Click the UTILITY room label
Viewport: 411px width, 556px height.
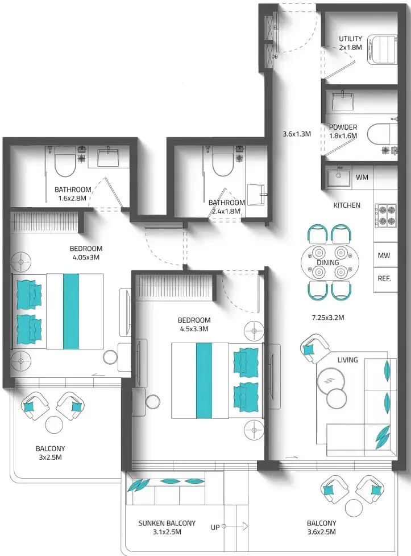350,39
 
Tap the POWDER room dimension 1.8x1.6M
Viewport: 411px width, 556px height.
343,136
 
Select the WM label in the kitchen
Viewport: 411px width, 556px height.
362,178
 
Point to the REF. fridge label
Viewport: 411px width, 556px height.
384,279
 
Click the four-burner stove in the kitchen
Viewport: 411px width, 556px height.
386,216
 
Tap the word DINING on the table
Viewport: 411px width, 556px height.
328,263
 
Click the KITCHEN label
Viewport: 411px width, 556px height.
347,205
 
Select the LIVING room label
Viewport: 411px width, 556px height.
347,360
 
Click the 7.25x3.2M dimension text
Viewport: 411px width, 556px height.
328,318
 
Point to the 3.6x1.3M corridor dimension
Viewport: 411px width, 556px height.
297,134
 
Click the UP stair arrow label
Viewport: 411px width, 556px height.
215,528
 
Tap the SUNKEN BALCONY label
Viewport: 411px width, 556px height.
167,524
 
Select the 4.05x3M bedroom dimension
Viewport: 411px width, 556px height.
86,257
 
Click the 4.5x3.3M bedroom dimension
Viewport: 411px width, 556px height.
194,329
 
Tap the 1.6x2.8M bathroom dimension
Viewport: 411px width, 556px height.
72,198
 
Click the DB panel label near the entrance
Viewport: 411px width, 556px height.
275,56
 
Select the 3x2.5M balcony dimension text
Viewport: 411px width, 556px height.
51,458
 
